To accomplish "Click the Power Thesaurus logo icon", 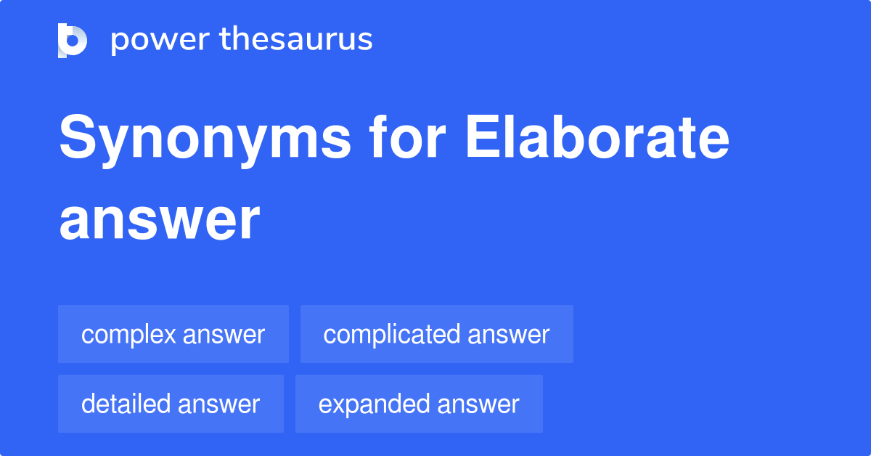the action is tap(73, 41).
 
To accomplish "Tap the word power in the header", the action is tap(160, 41).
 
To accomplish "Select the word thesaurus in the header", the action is tap(296, 38).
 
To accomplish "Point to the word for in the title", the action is tap(407, 137).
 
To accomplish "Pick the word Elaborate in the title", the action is tap(597, 137).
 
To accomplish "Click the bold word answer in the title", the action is tap(160, 220).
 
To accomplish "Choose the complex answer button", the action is tap(173, 334).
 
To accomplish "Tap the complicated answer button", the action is tap(437, 334).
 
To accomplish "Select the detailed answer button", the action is tap(171, 404).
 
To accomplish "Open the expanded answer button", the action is tap(419, 404).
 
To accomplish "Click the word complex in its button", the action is tap(128, 335).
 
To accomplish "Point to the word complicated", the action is tap(391, 335).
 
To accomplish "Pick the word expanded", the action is tap(374, 405).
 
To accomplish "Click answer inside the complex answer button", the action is tap(224, 335).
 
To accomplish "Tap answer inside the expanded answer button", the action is tap(478, 405).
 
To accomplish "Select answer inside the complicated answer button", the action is tap(509, 335).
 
